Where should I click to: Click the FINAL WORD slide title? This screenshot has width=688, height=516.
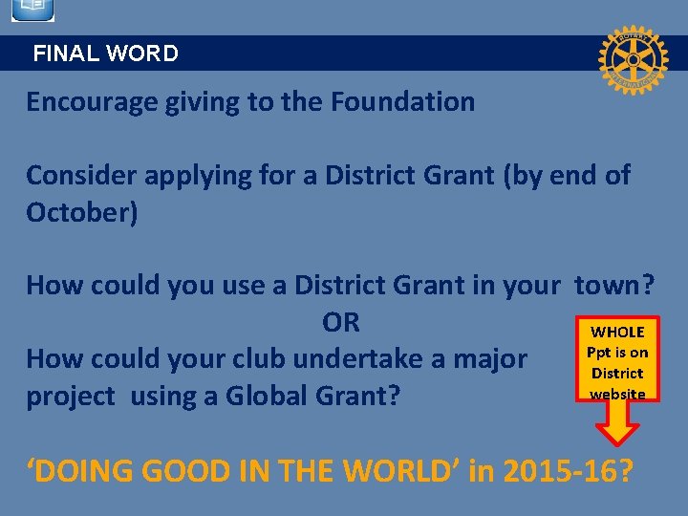pyautogui.click(x=105, y=54)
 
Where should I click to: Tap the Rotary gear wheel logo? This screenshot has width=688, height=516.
pyautogui.click(x=632, y=58)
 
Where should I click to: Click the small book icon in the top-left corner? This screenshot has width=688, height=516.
pyautogui.click(x=32, y=11)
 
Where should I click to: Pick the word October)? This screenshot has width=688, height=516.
pyautogui.click(x=82, y=212)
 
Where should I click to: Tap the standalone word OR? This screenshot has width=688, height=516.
pyautogui.click(x=341, y=323)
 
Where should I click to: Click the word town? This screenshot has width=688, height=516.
pyautogui.click(x=614, y=286)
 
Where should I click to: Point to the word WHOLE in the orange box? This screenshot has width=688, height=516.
pyautogui.click(x=617, y=333)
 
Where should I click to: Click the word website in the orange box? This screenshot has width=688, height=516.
pyautogui.click(x=617, y=394)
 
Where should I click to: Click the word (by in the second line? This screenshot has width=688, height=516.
pyautogui.click(x=524, y=176)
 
